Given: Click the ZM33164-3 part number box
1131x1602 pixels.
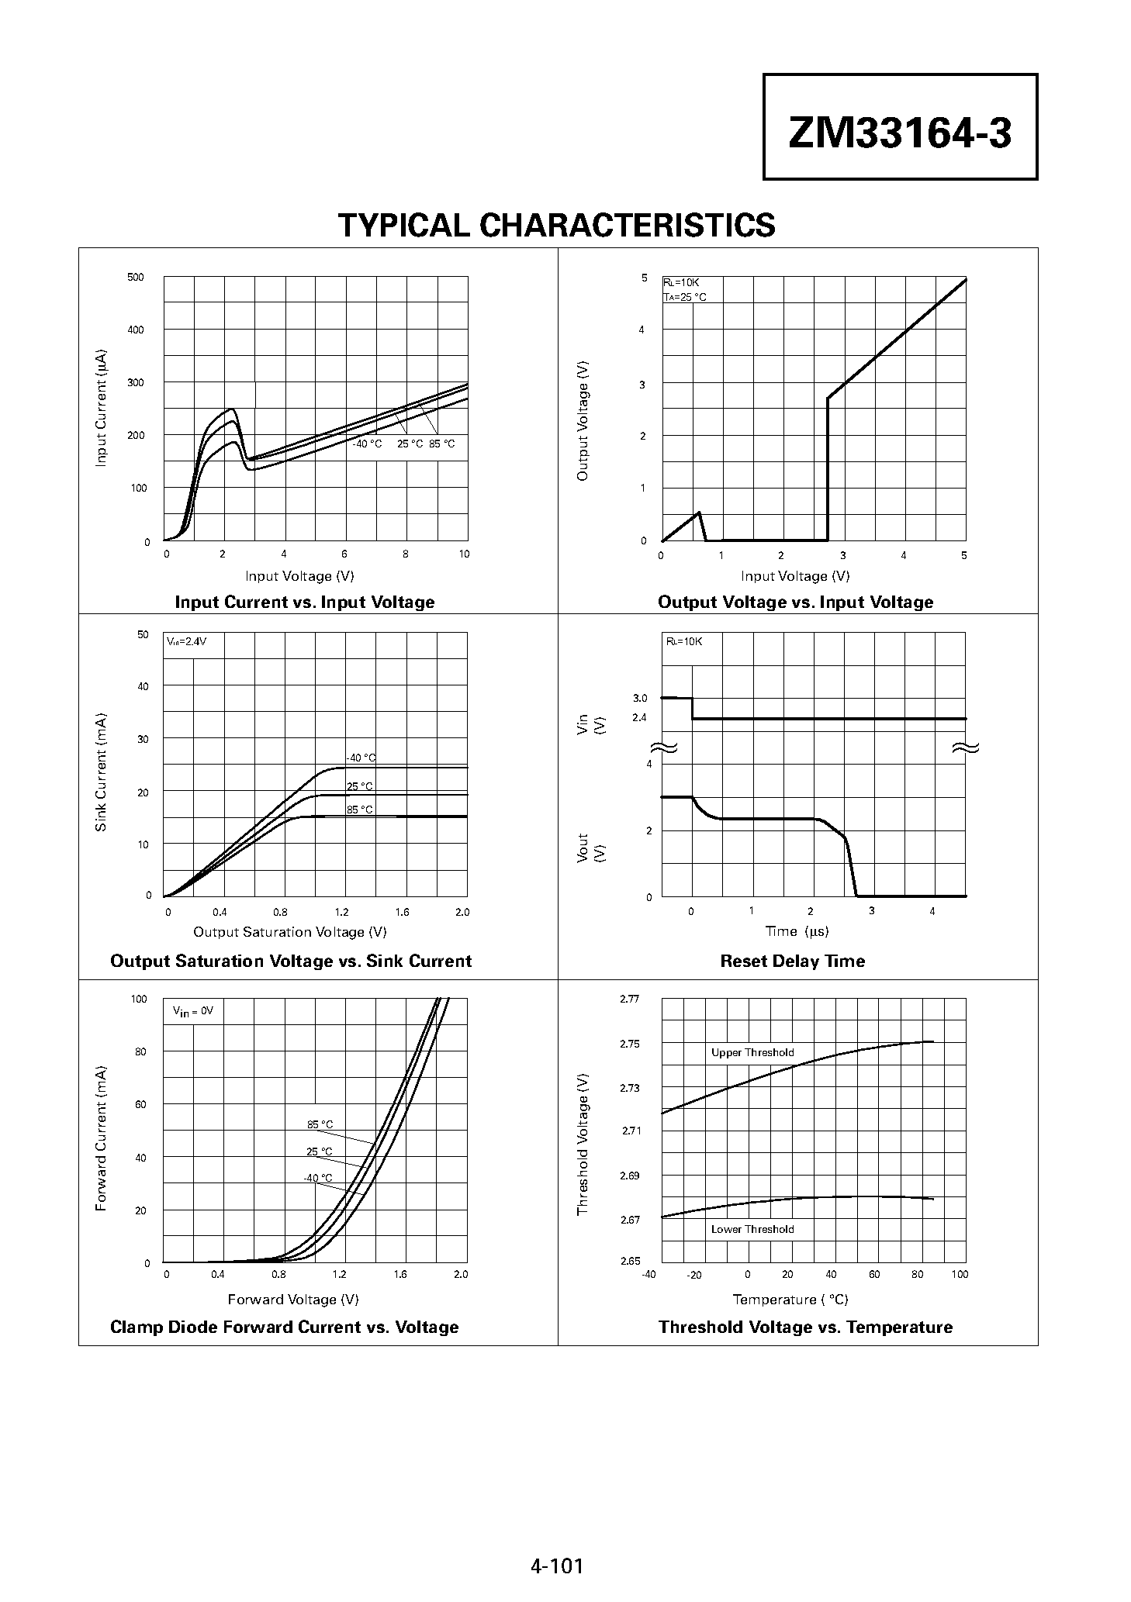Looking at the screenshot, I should point(900,127).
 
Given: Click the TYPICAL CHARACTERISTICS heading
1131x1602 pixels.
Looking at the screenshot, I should point(557,226).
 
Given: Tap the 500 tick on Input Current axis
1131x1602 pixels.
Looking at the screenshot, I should point(135,278).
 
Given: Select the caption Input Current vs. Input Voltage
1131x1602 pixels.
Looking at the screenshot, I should point(305,602).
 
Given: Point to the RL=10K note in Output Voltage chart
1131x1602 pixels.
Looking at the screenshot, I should point(681,283).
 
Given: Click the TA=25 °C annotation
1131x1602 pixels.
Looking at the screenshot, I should point(684,297).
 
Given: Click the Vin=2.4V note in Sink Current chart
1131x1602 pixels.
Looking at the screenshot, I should point(186,642).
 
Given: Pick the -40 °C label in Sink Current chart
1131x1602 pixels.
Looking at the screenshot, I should point(361,758).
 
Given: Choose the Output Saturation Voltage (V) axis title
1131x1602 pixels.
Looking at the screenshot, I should point(289,932).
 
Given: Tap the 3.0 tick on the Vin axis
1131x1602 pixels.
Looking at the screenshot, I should point(639,699).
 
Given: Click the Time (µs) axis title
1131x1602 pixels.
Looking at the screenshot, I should point(797,931).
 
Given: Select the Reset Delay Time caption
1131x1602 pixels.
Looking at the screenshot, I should point(792,962).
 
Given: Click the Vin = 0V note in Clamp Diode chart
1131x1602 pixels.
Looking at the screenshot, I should point(192,1012).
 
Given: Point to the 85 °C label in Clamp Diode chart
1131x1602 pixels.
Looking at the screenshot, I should point(320,1124).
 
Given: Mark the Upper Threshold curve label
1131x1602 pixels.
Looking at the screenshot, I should point(752,1053).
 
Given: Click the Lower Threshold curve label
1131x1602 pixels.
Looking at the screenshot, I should point(752,1229).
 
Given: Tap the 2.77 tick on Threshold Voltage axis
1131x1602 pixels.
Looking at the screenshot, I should point(629,999).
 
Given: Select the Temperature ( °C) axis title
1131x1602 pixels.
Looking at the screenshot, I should point(790,1300).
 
